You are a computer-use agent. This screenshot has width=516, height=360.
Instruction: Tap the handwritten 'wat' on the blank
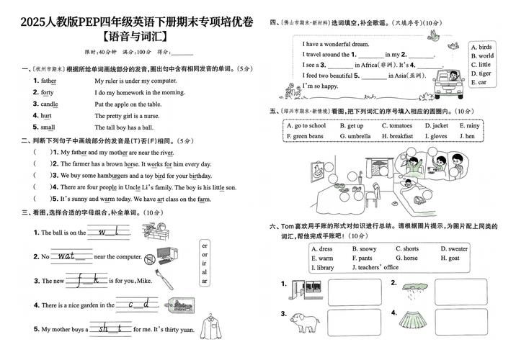pyautogui.click(x=67, y=256)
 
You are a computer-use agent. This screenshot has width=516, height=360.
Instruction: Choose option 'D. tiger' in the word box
pyautogui.click(x=481, y=73)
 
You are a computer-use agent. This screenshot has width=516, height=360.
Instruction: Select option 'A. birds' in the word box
pyautogui.click(x=481, y=47)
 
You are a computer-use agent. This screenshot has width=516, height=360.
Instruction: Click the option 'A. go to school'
pyautogui.click(x=306, y=126)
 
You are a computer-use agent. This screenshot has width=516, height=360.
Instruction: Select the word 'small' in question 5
pyautogui.click(x=48, y=127)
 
